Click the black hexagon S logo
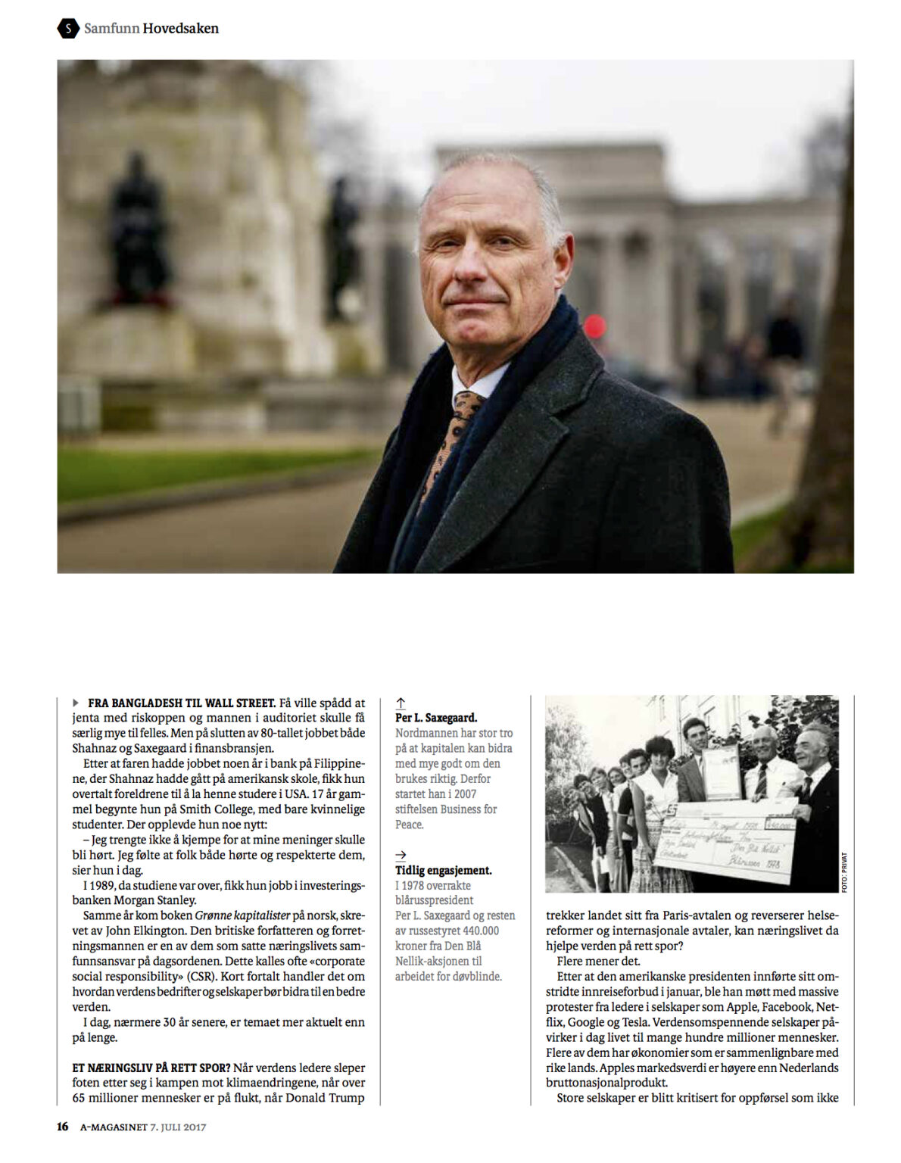[x=68, y=29]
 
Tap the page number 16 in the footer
[x=62, y=1127]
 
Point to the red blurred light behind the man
[x=594, y=326]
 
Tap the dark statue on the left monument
[x=138, y=227]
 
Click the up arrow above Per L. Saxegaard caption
[x=401, y=703]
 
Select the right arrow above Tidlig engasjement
[x=401, y=856]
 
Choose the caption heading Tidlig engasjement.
[x=443, y=871]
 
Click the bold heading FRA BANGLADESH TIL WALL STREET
[x=182, y=703]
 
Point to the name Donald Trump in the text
[x=329, y=1098]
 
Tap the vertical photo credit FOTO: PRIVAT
[x=844, y=872]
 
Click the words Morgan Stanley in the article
[x=134, y=900]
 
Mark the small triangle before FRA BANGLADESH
[x=76, y=703]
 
